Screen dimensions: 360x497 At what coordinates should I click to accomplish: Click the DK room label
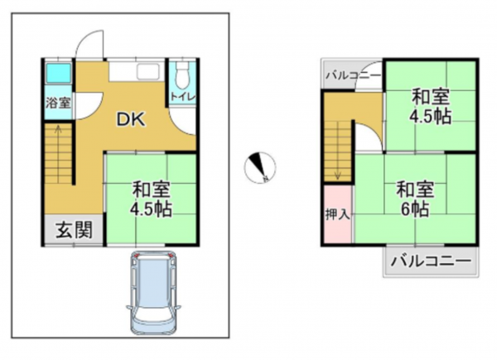coord(130,120)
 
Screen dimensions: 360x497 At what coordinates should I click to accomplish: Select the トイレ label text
coord(182,98)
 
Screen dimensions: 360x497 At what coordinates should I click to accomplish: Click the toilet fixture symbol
coord(182,77)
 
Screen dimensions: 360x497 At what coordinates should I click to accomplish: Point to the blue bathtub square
coord(57,73)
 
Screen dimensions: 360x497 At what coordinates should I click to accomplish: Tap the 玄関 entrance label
coord(73,229)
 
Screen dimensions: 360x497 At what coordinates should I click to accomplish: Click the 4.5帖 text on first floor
coord(150,208)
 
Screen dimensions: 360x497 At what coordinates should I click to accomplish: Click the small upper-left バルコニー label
coord(353,76)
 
